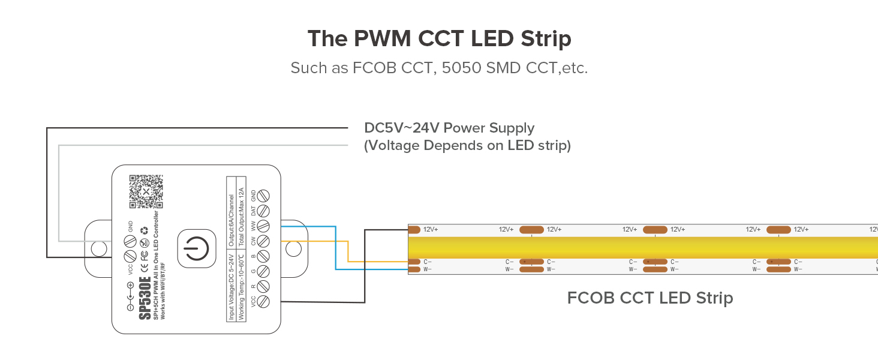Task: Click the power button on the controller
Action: pyautogui.click(x=196, y=248)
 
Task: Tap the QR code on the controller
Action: pyautogui.click(x=146, y=191)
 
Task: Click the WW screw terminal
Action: pyautogui.click(x=262, y=226)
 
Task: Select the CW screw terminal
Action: pyautogui.click(x=262, y=241)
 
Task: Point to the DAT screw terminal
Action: pyautogui.click(x=262, y=211)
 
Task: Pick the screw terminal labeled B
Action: pyautogui.click(x=262, y=256)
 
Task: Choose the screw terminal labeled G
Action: pyautogui.click(x=262, y=271)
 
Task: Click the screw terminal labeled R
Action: pyautogui.click(x=262, y=286)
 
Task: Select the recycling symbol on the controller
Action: pyautogui.click(x=144, y=230)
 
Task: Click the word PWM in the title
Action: pyautogui.click(x=383, y=39)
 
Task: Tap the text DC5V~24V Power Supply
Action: pyautogui.click(x=449, y=128)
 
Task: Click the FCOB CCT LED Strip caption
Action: pyautogui.click(x=650, y=298)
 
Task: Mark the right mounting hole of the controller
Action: pyautogui.click(x=293, y=248)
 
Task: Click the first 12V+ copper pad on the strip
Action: pyautogui.click(x=414, y=229)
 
